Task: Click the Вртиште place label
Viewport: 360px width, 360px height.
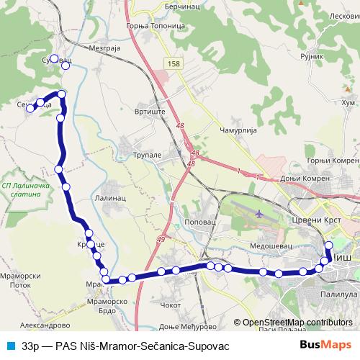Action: click(x=150, y=112)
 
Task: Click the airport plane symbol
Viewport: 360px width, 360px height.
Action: click(x=259, y=214)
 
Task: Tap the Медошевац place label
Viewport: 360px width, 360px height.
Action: click(x=269, y=246)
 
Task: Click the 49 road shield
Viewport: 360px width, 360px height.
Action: click(x=160, y=240)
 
